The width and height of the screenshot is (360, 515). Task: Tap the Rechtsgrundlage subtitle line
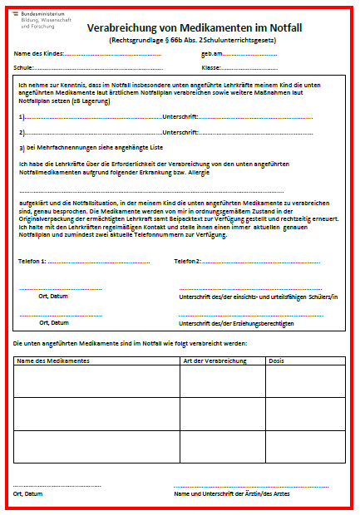click(x=192, y=39)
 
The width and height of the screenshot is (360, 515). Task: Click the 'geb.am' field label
click(x=212, y=53)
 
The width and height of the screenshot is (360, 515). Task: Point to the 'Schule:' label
click(x=24, y=66)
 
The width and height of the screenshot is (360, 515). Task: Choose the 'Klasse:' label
click(x=211, y=66)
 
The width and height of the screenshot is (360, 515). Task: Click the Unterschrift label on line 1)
click(x=180, y=116)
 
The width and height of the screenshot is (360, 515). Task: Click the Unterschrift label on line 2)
click(x=180, y=132)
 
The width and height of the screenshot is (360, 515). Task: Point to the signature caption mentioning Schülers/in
click(x=258, y=297)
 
